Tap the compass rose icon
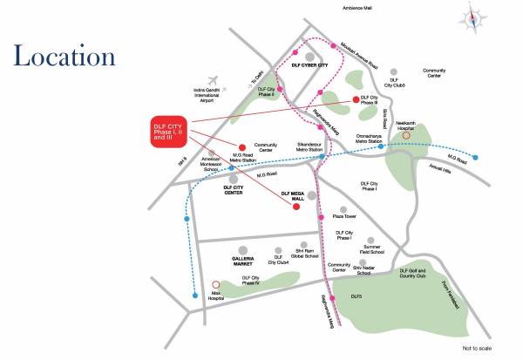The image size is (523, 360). coord(473,16)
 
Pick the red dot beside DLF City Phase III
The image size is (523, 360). coord(355,99)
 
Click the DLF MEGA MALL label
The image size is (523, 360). coord(295,196)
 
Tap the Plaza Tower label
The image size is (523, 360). coord(345,216)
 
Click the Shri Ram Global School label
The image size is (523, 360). coord(305,251)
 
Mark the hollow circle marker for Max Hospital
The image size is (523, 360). coord(216,283)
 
